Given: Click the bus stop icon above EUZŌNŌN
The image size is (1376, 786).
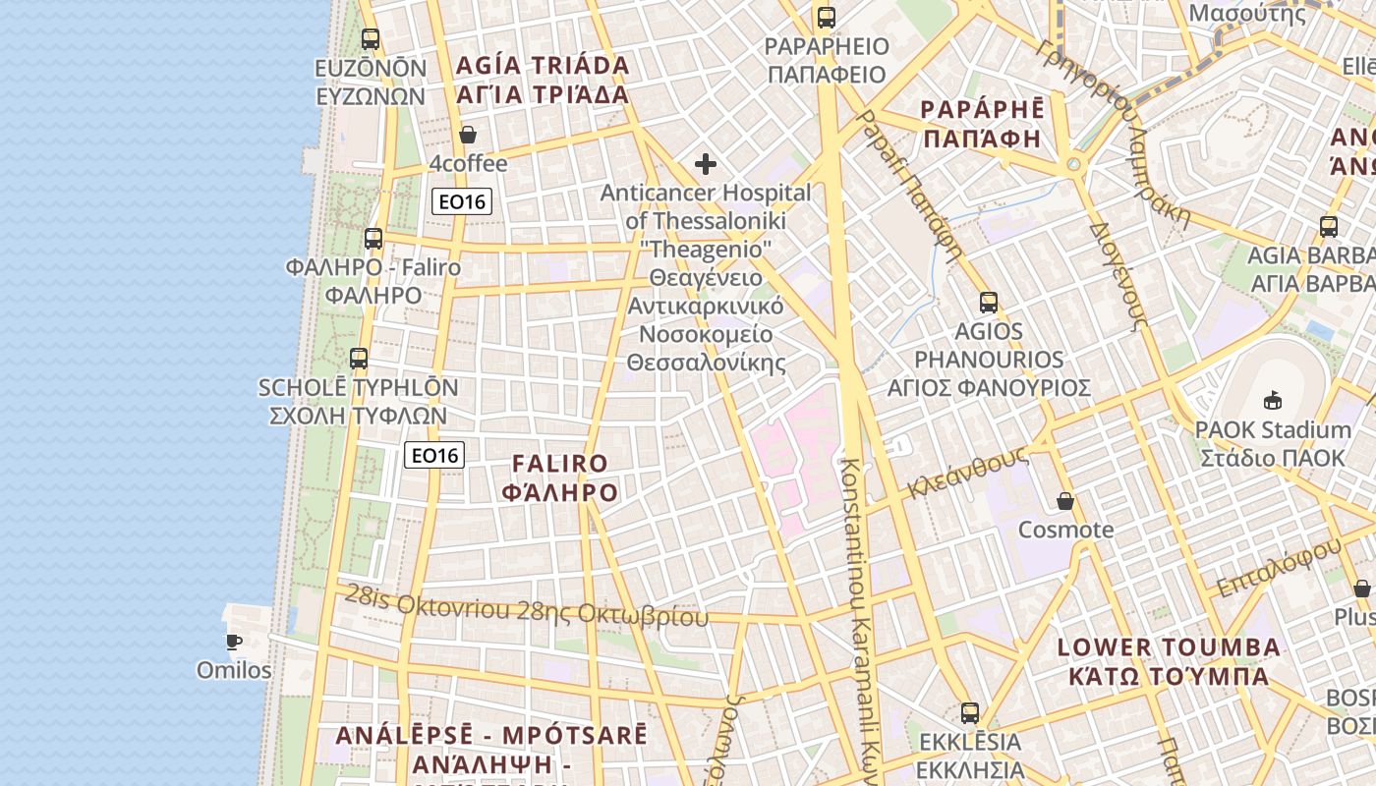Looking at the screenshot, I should coord(371,39).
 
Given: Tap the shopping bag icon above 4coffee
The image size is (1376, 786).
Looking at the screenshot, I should coord(468,135).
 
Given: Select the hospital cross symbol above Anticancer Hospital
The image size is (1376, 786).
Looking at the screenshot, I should coord(706,164).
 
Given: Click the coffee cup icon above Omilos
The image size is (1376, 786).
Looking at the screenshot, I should coord(233,643).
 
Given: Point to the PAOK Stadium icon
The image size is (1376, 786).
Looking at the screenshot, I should coord(1273,400).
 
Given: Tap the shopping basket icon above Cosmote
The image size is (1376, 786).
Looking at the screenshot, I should coord(1065,502).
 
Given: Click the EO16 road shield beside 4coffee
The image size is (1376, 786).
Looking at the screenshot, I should coord(462,201).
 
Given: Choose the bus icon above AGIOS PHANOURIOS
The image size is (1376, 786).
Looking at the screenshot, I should coord(989,303).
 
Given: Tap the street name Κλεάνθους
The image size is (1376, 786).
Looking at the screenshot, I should coord(967,473).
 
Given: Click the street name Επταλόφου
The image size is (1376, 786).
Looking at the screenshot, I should coord(1278,568).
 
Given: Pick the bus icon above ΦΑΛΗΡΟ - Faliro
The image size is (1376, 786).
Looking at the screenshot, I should coord(373,239).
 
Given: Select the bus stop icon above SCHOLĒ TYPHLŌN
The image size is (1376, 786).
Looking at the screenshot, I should coord(359,359).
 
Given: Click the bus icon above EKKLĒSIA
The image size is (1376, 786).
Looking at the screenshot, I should coord(970,713).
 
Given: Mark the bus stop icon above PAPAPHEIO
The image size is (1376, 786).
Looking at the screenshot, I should coord(827,18).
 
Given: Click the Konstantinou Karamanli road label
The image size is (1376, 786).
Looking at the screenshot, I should coord(855,619).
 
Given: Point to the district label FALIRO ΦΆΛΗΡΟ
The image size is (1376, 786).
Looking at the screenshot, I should coord(560,477).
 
